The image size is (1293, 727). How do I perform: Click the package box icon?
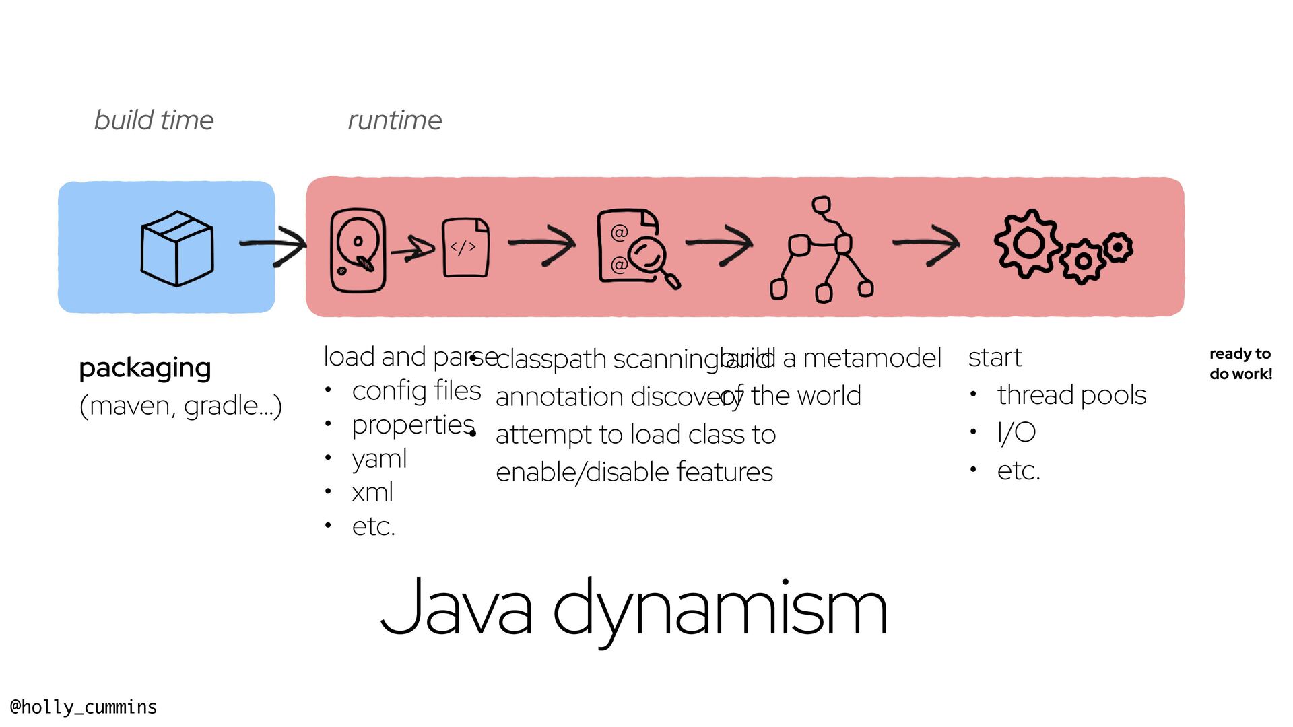[177, 248]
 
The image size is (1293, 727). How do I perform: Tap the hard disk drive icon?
[358, 250]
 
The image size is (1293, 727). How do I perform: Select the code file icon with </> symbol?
[465, 247]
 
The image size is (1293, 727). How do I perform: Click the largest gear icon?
[1028, 243]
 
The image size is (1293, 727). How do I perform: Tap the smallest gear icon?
[1118, 248]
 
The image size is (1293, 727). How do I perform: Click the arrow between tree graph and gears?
[927, 244]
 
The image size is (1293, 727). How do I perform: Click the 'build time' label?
[154, 120]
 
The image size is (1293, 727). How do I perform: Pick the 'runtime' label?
[395, 120]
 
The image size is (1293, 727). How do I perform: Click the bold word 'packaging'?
[145, 368]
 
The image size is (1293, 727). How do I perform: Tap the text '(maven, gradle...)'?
[180, 405]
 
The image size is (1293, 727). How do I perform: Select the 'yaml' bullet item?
[379, 459]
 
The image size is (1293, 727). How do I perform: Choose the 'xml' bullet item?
[372, 493]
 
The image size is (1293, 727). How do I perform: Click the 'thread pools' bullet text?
[1071, 395]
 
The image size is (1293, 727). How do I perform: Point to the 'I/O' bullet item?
[1016, 433]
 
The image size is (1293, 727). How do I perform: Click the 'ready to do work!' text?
[1240, 363]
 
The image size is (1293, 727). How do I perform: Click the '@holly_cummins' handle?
[84, 707]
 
